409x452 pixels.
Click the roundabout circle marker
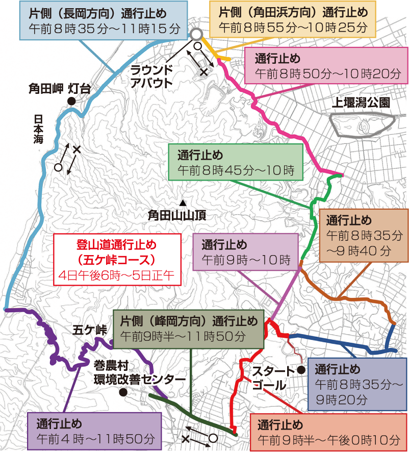[x=197, y=34]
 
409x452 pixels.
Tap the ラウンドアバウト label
[x=151, y=76]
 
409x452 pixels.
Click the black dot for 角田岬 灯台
[x=72, y=101]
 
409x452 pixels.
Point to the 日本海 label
[x=38, y=128]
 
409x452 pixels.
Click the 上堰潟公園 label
[x=361, y=103]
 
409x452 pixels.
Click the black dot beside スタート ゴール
[x=301, y=369]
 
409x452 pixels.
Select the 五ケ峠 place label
[x=90, y=330]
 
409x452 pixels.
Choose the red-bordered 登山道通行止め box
[x=117, y=260]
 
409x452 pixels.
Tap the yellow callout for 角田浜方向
[x=293, y=20]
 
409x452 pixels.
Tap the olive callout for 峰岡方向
[x=189, y=329]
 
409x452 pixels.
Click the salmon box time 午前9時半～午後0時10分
[x=329, y=439]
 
